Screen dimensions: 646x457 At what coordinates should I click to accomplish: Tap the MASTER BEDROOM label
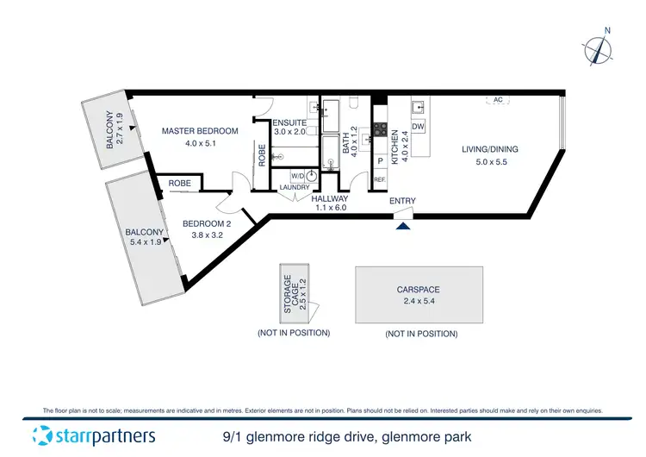click(x=200, y=131)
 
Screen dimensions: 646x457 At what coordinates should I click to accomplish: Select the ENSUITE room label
click(x=289, y=123)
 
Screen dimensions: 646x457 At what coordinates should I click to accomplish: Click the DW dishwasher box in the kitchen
click(x=419, y=128)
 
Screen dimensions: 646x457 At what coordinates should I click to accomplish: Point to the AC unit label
click(x=498, y=100)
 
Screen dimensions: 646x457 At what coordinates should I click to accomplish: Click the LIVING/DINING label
click(x=490, y=150)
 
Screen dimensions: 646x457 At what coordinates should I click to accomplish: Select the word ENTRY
click(x=402, y=202)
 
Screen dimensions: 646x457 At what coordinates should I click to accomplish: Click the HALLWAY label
click(x=330, y=197)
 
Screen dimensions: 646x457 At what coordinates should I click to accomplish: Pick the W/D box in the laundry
click(x=285, y=176)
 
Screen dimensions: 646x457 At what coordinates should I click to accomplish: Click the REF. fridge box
click(x=380, y=179)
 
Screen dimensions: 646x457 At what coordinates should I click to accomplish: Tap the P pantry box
click(x=380, y=160)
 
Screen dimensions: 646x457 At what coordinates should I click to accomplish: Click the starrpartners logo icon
click(x=40, y=435)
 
